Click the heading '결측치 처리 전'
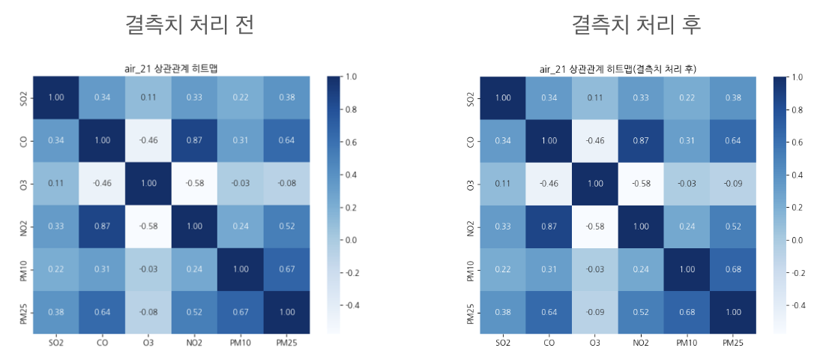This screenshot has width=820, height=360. [190, 25]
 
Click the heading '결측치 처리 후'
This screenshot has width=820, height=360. [636, 25]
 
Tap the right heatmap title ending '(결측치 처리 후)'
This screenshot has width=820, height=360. [618, 69]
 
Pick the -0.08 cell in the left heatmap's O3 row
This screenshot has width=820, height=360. [287, 183]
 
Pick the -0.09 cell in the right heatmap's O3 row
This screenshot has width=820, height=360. [733, 183]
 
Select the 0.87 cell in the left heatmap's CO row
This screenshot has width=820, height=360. [195, 140]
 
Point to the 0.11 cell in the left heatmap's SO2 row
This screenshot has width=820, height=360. [148, 97]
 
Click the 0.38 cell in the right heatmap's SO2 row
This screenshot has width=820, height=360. [733, 97]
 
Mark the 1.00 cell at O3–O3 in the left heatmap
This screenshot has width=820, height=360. [148, 183]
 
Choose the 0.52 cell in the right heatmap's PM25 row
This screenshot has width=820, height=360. [641, 311]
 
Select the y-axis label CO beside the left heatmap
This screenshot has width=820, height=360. [21, 140]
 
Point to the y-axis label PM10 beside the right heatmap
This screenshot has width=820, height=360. [468, 268]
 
